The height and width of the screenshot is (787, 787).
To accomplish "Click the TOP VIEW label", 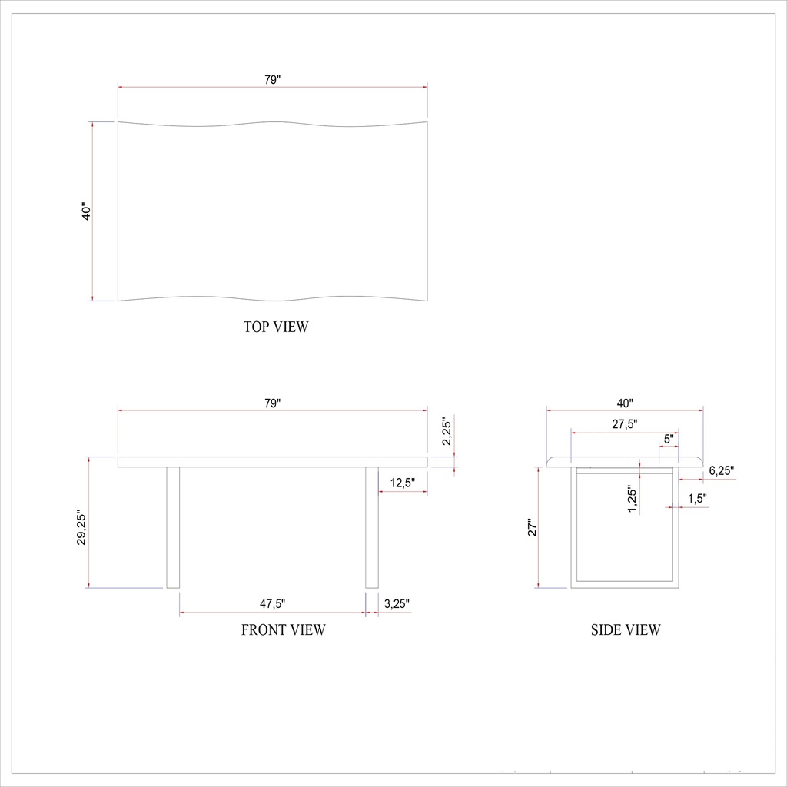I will [x=276, y=327].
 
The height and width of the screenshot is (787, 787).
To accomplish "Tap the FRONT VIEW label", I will [x=284, y=630].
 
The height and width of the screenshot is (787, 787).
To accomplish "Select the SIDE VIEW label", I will [x=626, y=630].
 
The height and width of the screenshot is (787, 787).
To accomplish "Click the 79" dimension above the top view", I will [x=272, y=79].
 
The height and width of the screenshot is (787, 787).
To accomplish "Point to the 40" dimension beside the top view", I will [x=87, y=211].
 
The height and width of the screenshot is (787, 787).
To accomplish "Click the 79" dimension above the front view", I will [x=272, y=403].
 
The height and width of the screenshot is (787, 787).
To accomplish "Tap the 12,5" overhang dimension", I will [x=403, y=483].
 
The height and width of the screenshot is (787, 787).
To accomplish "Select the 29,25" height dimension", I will [x=82, y=528].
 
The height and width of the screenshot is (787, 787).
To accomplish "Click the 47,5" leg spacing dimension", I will [x=272, y=604].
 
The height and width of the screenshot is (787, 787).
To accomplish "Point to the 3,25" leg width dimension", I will [x=397, y=604].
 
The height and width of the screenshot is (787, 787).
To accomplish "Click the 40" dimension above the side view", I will [x=624, y=403].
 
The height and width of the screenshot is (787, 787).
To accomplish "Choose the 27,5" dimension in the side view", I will [x=624, y=424].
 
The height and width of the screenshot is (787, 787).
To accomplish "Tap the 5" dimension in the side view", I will [x=669, y=439].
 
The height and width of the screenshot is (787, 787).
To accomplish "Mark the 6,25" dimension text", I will [x=722, y=470].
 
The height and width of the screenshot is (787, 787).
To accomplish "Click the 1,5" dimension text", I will [x=697, y=499].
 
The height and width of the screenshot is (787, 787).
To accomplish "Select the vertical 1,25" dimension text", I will [x=632, y=500].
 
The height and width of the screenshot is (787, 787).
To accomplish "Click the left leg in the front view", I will [x=173, y=527].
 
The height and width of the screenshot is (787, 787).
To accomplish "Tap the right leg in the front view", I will [x=372, y=527].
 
